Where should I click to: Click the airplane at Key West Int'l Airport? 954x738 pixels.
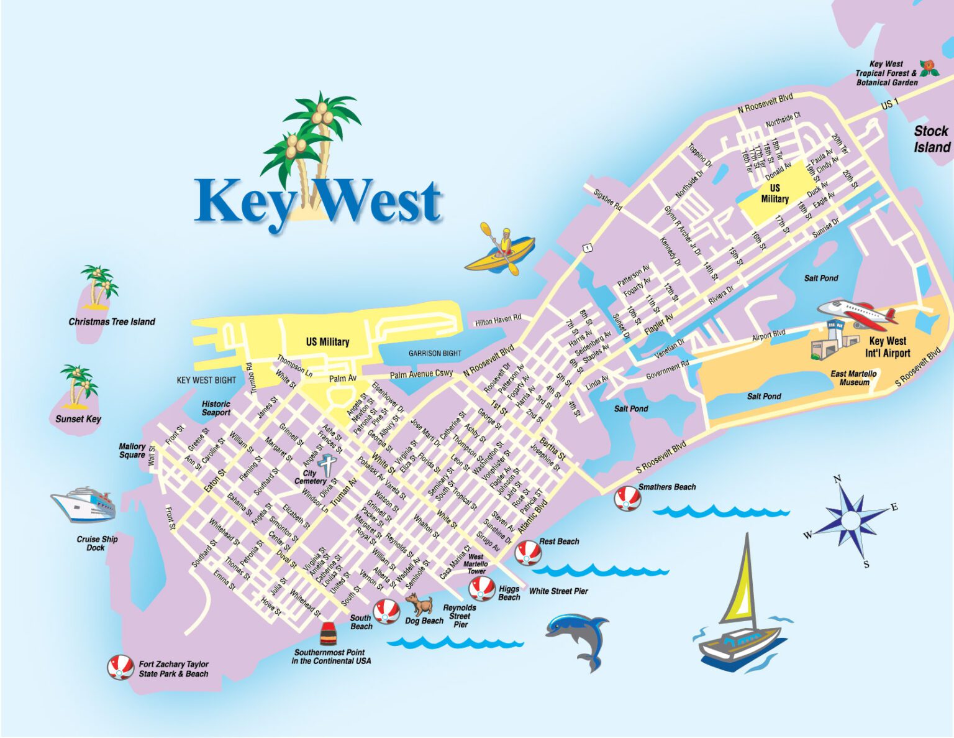(857, 313)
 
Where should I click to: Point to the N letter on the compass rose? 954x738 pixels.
(837, 479)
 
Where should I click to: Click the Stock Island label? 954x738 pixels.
(931, 139)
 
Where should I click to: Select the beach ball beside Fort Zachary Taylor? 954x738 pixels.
(120, 668)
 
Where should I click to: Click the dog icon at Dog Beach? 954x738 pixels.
(420, 604)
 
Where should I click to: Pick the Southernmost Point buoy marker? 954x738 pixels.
(328, 633)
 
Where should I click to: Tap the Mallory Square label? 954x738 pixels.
(132, 451)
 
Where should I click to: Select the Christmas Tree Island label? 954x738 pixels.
(112, 321)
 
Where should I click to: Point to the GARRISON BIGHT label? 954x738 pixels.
(435, 353)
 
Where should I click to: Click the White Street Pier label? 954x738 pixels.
(558, 591)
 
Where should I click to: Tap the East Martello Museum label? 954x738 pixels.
(854, 378)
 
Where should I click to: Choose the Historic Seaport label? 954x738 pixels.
(216, 408)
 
